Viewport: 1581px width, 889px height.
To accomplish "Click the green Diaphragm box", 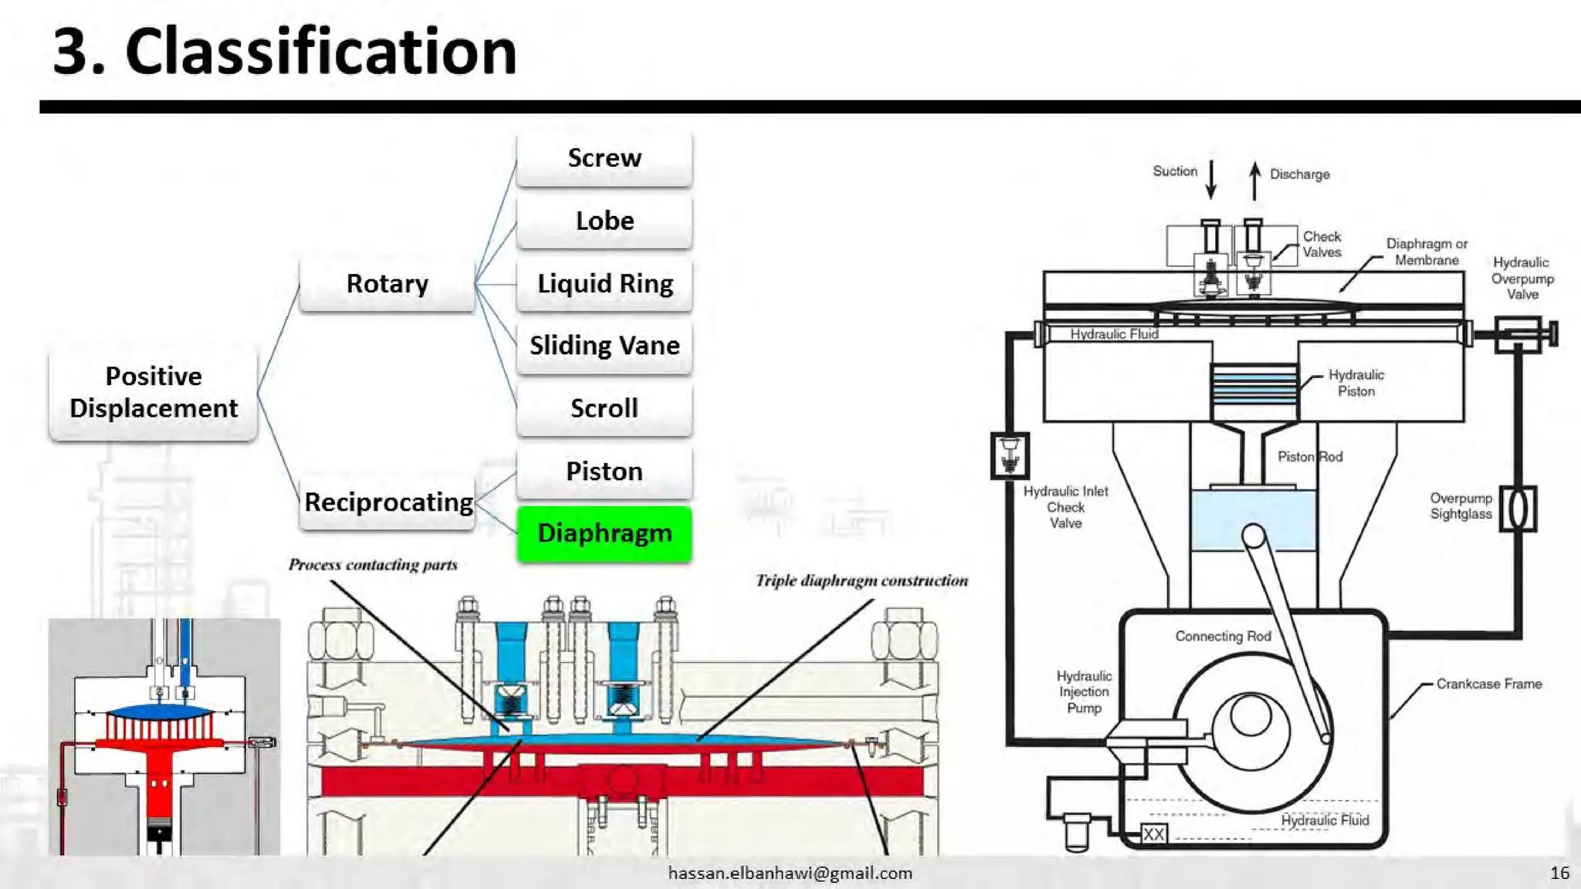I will pos(604,533).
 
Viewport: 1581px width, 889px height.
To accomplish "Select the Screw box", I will pos(604,158).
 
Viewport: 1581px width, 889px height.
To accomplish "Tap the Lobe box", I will pos(604,221).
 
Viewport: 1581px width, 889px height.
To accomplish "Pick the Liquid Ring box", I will pos(604,284).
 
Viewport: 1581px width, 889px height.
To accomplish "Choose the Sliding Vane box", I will pos(604,346).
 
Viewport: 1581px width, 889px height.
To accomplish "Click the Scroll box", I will pos(604,408).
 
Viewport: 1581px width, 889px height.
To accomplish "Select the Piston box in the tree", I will pos(604,472).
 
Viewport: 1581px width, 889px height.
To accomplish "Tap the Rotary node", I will pos(387,284).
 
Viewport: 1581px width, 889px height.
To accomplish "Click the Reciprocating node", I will pos(388,502).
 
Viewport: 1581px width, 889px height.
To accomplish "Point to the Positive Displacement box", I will pos(153,393).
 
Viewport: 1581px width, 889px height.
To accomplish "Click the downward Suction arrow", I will pos(1211,180).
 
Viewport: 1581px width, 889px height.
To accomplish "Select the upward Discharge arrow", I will pos(1255,181).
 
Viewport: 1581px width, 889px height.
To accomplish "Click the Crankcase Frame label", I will pos(1488,684).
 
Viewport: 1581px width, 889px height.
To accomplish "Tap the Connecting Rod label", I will pos(1223,636).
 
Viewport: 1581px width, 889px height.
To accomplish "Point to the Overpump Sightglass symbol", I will pos(1518,509).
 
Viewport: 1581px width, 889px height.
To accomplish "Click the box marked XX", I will pos(1154,833).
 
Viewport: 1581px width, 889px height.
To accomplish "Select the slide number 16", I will pos(1559,873).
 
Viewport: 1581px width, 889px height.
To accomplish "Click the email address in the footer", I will pos(790,873).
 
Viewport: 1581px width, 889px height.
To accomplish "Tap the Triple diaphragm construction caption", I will pos(862,580).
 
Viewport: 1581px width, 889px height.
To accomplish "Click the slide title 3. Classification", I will pos(284,52).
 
